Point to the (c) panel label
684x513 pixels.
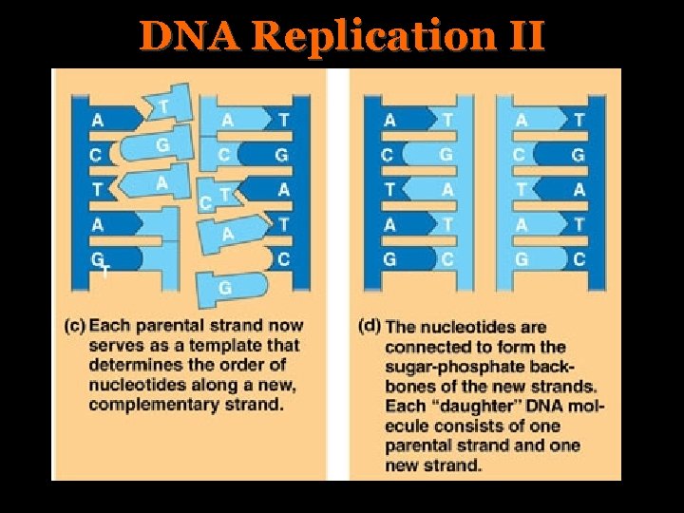tap(74, 326)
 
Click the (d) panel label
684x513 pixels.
tap(370, 326)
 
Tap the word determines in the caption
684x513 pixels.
tap(136, 366)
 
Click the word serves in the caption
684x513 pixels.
tap(113, 346)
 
